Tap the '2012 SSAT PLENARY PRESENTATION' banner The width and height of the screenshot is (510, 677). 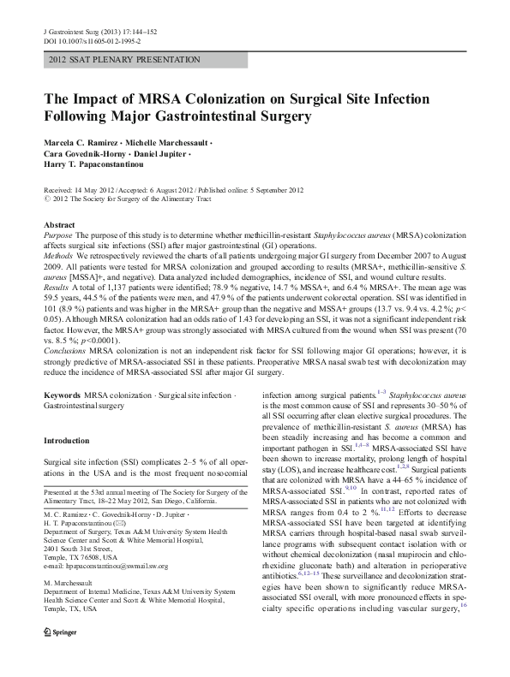tap(125, 61)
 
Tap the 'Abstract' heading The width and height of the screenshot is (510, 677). tap(58, 225)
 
